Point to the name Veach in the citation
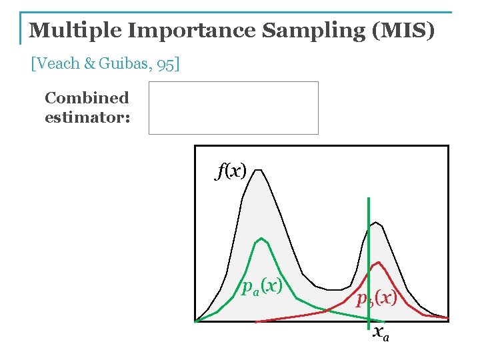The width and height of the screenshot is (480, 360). (x=58, y=64)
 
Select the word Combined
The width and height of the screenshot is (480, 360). (x=87, y=98)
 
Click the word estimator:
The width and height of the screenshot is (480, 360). (x=87, y=118)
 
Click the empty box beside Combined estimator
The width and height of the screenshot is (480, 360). (x=233, y=108)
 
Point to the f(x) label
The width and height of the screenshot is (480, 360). (x=231, y=171)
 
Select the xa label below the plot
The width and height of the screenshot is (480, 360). (x=381, y=332)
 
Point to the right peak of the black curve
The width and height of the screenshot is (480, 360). (x=375, y=223)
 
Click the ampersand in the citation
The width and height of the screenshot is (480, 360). (x=89, y=64)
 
